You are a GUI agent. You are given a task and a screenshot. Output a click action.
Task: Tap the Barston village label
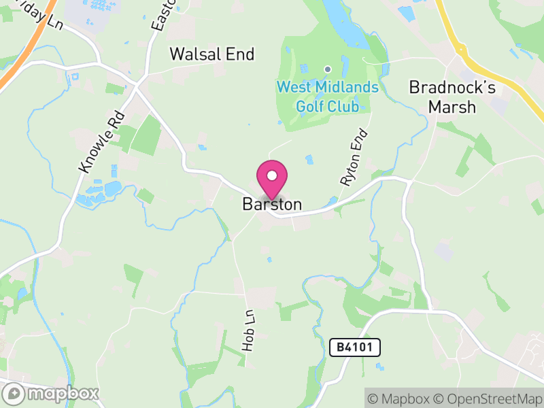click(x=272, y=204)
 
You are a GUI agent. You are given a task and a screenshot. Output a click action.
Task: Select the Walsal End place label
click(x=211, y=54)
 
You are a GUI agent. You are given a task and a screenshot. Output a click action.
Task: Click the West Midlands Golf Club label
click(x=327, y=97)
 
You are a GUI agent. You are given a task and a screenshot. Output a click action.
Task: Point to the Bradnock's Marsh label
click(x=442, y=97)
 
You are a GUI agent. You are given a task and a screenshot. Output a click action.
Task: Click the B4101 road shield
click(x=355, y=347)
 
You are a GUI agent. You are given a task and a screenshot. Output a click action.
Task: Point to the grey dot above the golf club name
click(x=327, y=69)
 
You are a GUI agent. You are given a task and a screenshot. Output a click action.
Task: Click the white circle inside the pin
click(x=272, y=175)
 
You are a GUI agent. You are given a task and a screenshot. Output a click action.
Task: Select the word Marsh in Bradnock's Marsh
click(x=442, y=107)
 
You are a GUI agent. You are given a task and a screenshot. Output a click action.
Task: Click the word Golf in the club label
click(x=309, y=106)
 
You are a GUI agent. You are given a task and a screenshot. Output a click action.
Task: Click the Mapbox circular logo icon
click(x=14, y=393)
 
